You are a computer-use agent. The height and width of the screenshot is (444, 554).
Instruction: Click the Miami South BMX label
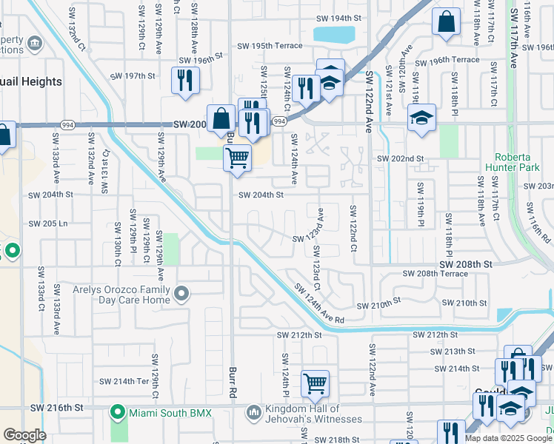[x=170, y=412]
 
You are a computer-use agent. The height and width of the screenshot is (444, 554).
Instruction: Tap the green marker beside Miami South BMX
[x=117, y=411]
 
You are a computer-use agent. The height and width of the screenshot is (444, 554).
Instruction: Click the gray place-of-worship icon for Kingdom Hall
[x=253, y=411]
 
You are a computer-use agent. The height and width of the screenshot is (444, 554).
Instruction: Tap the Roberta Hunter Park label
[x=524, y=163]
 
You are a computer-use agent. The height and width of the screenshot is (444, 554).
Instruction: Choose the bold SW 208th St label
[x=466, y=264]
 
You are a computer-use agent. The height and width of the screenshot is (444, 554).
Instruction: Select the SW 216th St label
[x=56, y=408]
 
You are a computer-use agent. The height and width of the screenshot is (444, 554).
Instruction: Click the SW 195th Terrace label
[x=270, y=46]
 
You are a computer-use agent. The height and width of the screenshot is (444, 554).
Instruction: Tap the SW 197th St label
[x=133, y=75]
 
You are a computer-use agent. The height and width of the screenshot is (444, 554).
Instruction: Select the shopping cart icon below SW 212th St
[x=316, y=383]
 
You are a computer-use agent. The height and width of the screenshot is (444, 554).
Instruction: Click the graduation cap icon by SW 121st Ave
[x=421, y=118]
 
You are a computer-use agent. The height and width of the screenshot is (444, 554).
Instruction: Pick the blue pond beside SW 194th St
[x=334, y=34]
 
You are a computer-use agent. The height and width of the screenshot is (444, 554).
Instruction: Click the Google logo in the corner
[x=24, y=434]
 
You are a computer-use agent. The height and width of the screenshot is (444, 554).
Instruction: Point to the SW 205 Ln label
[x=48, y=223]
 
